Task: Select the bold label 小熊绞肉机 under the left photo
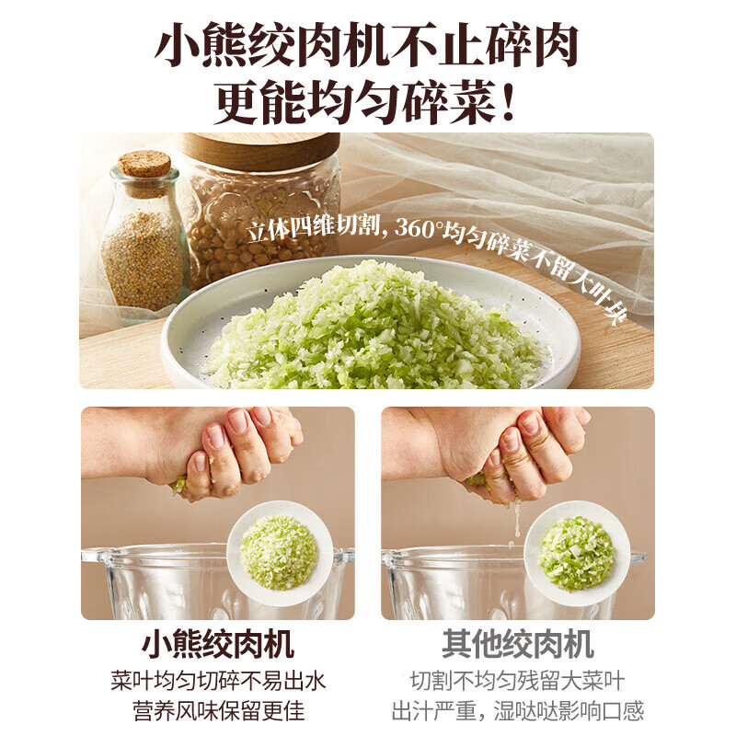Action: coord(217,643)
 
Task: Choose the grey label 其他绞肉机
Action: coord(517,643)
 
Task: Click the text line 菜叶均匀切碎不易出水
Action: coord(217,681)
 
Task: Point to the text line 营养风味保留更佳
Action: coord(217,711)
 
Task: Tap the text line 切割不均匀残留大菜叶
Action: coord(517,681)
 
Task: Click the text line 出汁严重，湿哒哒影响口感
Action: coord(517,711)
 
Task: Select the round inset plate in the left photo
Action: coord(280,553)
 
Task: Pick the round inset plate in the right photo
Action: coord(577,553)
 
